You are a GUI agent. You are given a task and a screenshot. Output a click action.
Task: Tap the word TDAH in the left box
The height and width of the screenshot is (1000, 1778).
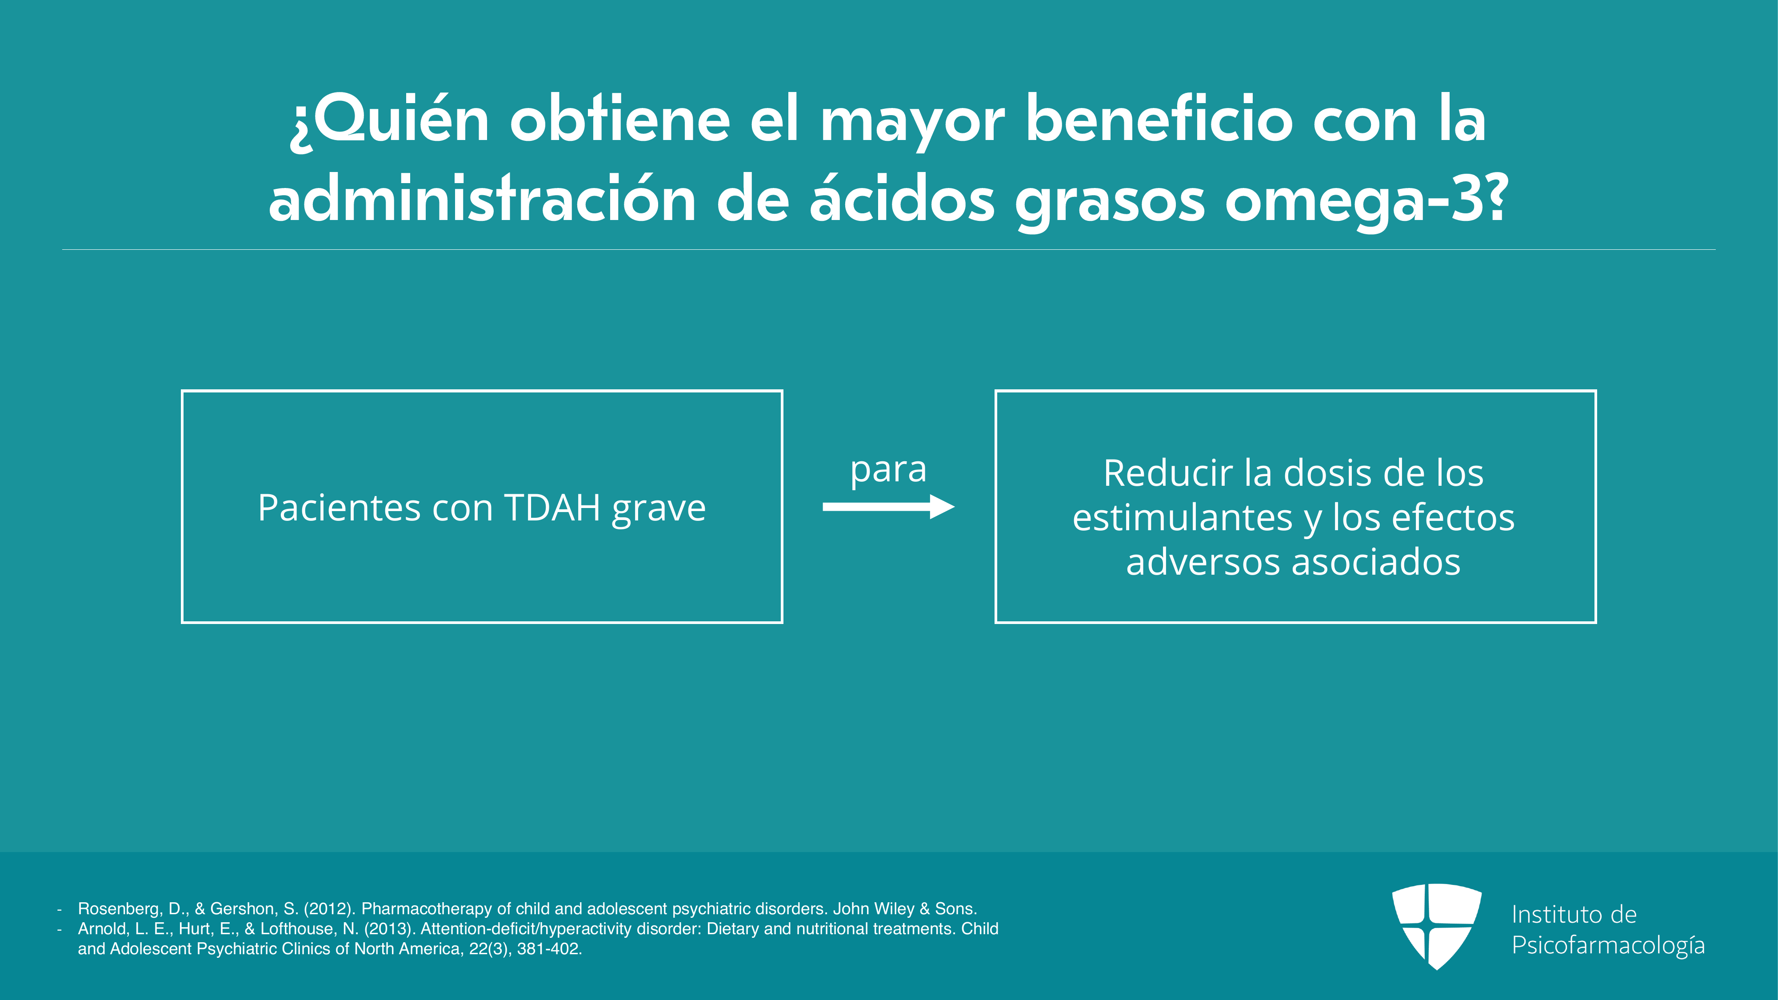pos(552,508)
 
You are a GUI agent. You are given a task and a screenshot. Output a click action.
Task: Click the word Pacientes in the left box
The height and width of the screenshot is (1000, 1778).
pos(339,508)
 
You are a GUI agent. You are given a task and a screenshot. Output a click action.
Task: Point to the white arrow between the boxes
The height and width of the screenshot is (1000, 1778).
pos(888,507)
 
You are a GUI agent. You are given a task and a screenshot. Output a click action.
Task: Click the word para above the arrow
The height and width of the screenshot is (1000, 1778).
pos(888,472)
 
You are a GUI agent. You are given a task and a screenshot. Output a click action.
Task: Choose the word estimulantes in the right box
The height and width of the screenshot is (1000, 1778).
pos(1183,518)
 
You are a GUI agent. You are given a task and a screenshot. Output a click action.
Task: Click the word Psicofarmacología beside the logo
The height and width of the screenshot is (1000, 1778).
pos(1608,945)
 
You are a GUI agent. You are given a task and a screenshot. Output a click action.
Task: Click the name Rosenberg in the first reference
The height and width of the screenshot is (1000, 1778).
pos(119,909)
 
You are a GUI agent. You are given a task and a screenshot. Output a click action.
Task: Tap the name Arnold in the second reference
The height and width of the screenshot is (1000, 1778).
pos(101,929)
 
